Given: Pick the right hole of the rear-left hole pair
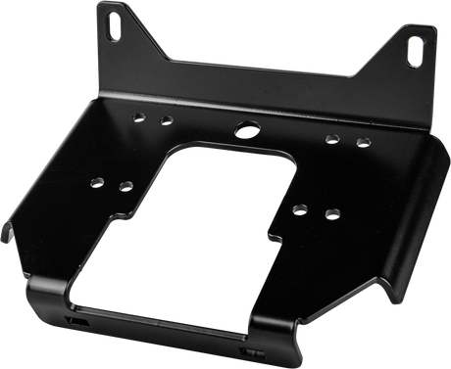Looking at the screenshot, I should pos(168,120).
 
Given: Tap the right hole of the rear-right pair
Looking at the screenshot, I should pos(362,144).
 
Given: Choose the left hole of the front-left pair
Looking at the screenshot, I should pos(97,180).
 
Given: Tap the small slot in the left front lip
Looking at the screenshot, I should pos(73,320).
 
